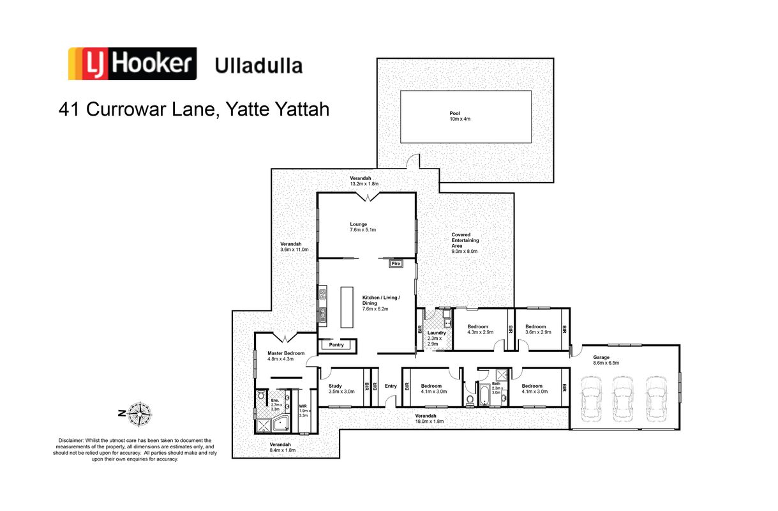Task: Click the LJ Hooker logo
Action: [132, 64]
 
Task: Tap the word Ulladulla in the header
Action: [258, 66]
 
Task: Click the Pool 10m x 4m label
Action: [460, 116]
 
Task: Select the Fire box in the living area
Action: [396, 264]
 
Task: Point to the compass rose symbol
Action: [140, 414]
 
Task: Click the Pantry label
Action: [336, 345]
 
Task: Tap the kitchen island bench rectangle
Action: [347, 307]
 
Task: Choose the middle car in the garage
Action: [622, 399]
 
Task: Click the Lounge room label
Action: [363, 227]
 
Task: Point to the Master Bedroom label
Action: [285, 356]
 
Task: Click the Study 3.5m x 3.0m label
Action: [341, 388]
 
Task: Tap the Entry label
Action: [391, 386]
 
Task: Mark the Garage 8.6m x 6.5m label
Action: [606, 360]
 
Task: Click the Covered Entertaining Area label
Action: [465, 243]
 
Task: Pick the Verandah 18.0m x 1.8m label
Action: [430, 418]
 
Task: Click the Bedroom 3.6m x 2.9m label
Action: [538, 329]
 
